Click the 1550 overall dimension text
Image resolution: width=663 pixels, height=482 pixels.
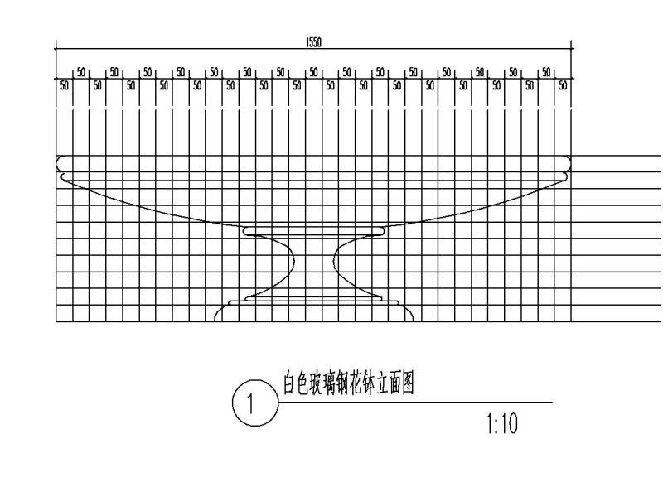click(314, 43)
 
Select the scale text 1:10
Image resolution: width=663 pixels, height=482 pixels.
click(501, 425)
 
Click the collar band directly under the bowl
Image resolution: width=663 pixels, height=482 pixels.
click(314, 231)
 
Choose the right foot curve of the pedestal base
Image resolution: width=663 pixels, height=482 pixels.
click(409, 312)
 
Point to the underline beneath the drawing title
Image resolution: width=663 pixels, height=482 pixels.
click(414, 402)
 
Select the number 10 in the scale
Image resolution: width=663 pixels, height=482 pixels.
click(507, 425)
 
